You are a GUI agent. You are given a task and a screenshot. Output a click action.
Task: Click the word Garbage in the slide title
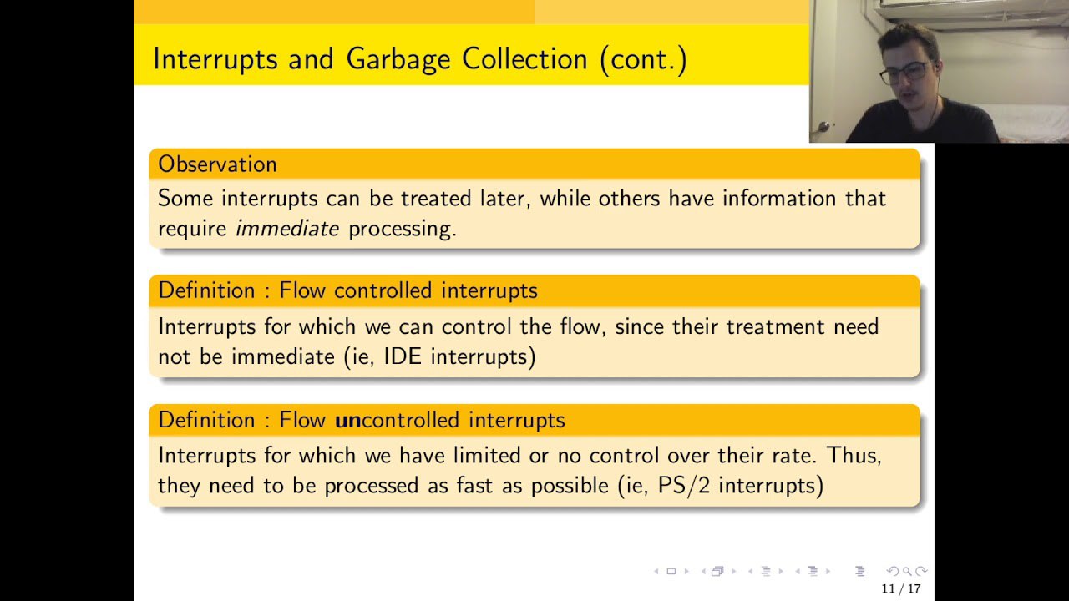pyautogui.click(x=398, y=61)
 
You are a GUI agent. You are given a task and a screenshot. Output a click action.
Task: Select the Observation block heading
pyautogui.click(x=218, y=164)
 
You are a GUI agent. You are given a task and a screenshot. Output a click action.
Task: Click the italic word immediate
pyautogui.click(x=287, y=229)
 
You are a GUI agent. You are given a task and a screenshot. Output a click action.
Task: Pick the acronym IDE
pyautogui.click(x=403, y=356)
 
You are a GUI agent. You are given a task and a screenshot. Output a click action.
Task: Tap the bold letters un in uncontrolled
pyautogui.click(x=348, y=421)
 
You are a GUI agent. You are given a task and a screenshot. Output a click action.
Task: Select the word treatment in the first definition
pyautogui.click(x=776, y=327)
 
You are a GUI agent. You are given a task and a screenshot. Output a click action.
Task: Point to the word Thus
pyautogui.click(x=854, y=456)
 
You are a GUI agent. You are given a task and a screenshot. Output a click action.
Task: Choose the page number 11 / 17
pyautogui.click(x=900, y=589)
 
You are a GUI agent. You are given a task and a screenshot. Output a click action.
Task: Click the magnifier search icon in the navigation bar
pyautogui.click(x=907, y=571)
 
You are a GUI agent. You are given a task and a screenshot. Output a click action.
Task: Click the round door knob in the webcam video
pyautogui.click(x=823, y=127)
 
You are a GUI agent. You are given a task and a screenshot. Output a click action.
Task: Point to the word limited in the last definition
pyautogui.click(x=487, y=456)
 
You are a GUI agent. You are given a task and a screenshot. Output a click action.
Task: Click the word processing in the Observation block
pyautogui.click(x=403, y=230)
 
